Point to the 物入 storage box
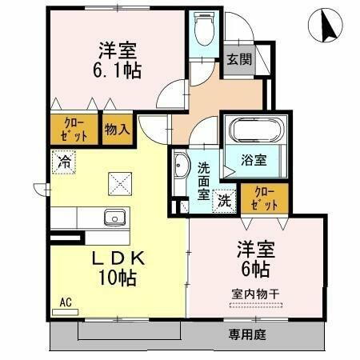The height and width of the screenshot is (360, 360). pos(116,128)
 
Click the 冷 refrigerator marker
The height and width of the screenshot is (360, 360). pos(64,160)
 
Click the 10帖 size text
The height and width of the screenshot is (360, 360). pos(117,278)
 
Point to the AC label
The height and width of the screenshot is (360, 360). pos(66,303)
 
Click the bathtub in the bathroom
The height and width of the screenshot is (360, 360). pos(250,130)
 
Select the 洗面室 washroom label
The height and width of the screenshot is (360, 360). pos(204,182)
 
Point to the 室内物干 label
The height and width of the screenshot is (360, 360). pos(256,293)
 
